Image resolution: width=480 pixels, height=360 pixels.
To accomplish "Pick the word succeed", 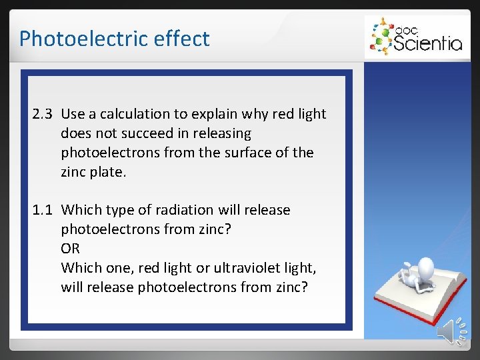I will tap(140, 133).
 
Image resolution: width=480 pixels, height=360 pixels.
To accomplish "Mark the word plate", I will tap(107, 171).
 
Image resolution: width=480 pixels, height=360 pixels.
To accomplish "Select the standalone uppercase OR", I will tap(70, 249).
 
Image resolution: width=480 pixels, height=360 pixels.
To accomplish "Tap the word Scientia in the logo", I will tap(427, 43).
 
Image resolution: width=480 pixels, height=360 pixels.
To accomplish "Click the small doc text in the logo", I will tap(404, 29).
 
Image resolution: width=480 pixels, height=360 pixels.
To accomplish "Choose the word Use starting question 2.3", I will tap(73, 114).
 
